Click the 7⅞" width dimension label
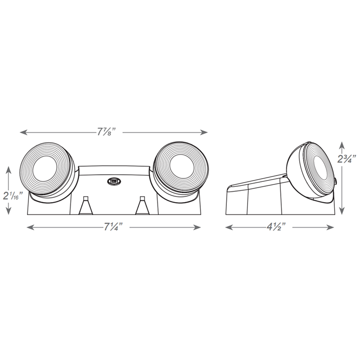(107, 132)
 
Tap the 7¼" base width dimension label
(113, 227)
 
